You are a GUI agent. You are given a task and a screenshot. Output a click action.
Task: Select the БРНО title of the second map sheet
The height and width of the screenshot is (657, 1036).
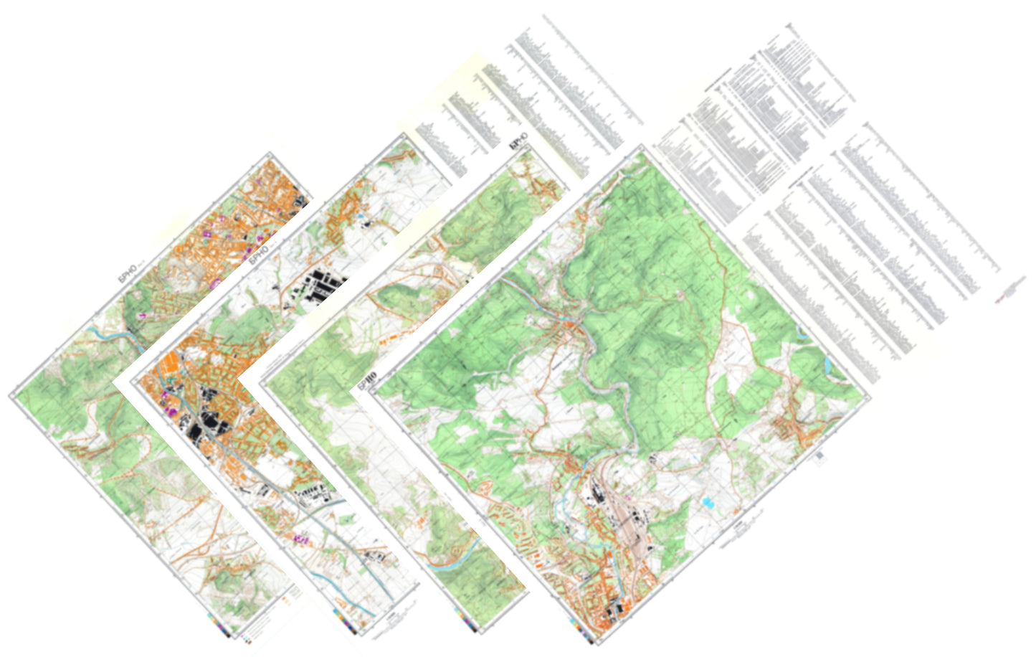click(x=259, y=253)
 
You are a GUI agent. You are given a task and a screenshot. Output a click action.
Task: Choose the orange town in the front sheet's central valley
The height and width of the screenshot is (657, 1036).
click(x=571, y=329)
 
